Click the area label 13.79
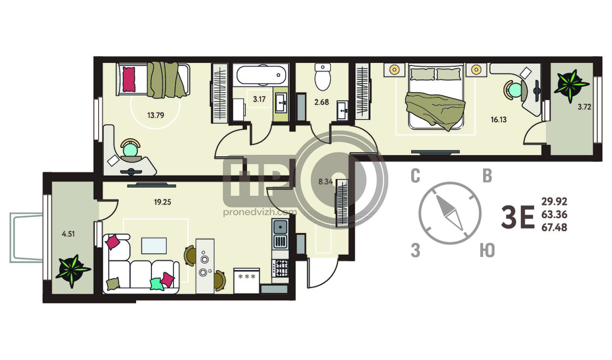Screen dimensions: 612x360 (x=156, y=115)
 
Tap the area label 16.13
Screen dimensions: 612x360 (x=499, y=120)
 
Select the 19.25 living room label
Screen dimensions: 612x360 (x=163, y=202)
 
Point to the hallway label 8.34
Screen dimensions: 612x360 (x=326, y=181)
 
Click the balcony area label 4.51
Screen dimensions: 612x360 (x=68, y=234)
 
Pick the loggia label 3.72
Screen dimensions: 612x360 (x=585, y=107)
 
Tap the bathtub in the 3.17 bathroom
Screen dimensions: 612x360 (x=261, y=75)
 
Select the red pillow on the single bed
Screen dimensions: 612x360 (x=129, y=79)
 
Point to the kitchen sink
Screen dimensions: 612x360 (x=280, y=226)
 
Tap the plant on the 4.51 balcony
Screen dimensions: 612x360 (x=73, y=271)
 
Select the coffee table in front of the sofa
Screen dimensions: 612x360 (x=154, y=246)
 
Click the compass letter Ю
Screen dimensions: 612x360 (x=487, y=251)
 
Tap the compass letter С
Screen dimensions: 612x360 (x=415, y=176)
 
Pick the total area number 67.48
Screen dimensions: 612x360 (x=554, y=227)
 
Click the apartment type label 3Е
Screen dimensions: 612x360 (x=518, y=217)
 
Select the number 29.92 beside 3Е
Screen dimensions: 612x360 (x=554, y=202)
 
